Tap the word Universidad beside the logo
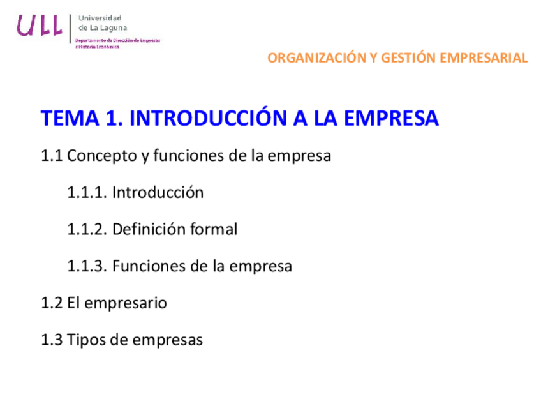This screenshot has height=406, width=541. tap(100, 18)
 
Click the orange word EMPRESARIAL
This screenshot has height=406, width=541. tap(485, 58)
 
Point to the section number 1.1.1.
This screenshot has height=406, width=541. tap(87, 192)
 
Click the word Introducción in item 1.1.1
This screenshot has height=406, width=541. tap(158, 192)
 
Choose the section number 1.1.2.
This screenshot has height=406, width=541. tap(87, 229)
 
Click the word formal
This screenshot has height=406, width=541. tap(214, 229)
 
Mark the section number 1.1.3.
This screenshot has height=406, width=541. tap(87, 266)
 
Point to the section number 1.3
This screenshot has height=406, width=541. tap(52, 340)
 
